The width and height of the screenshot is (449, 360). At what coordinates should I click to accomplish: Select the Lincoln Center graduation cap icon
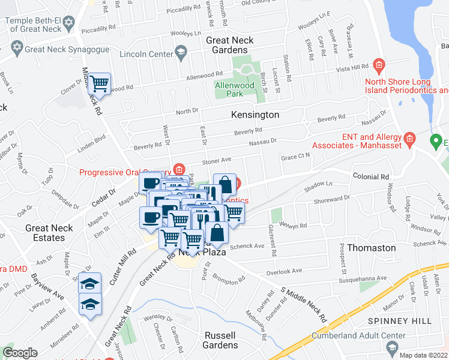(x=179, y=55)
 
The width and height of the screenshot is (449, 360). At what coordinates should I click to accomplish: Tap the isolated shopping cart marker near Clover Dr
(x=100, y=84)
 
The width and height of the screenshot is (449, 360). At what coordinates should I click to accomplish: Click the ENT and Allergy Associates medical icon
(x=410, y=140)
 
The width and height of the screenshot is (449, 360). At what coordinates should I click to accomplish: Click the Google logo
(x=20, y=353)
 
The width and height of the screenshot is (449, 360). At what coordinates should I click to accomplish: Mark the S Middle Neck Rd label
(x=304, y=304)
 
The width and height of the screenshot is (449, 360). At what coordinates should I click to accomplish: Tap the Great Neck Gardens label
(x=230, y=45)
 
